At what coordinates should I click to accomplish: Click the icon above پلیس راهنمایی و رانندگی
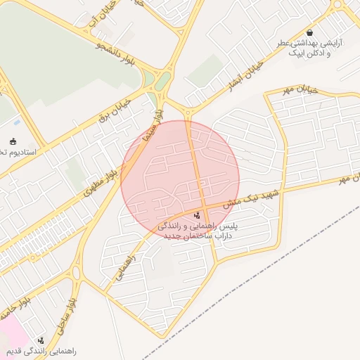(196, 214)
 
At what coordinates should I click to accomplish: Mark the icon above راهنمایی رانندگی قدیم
(40, 340)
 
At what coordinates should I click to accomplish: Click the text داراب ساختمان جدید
(198, 237)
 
